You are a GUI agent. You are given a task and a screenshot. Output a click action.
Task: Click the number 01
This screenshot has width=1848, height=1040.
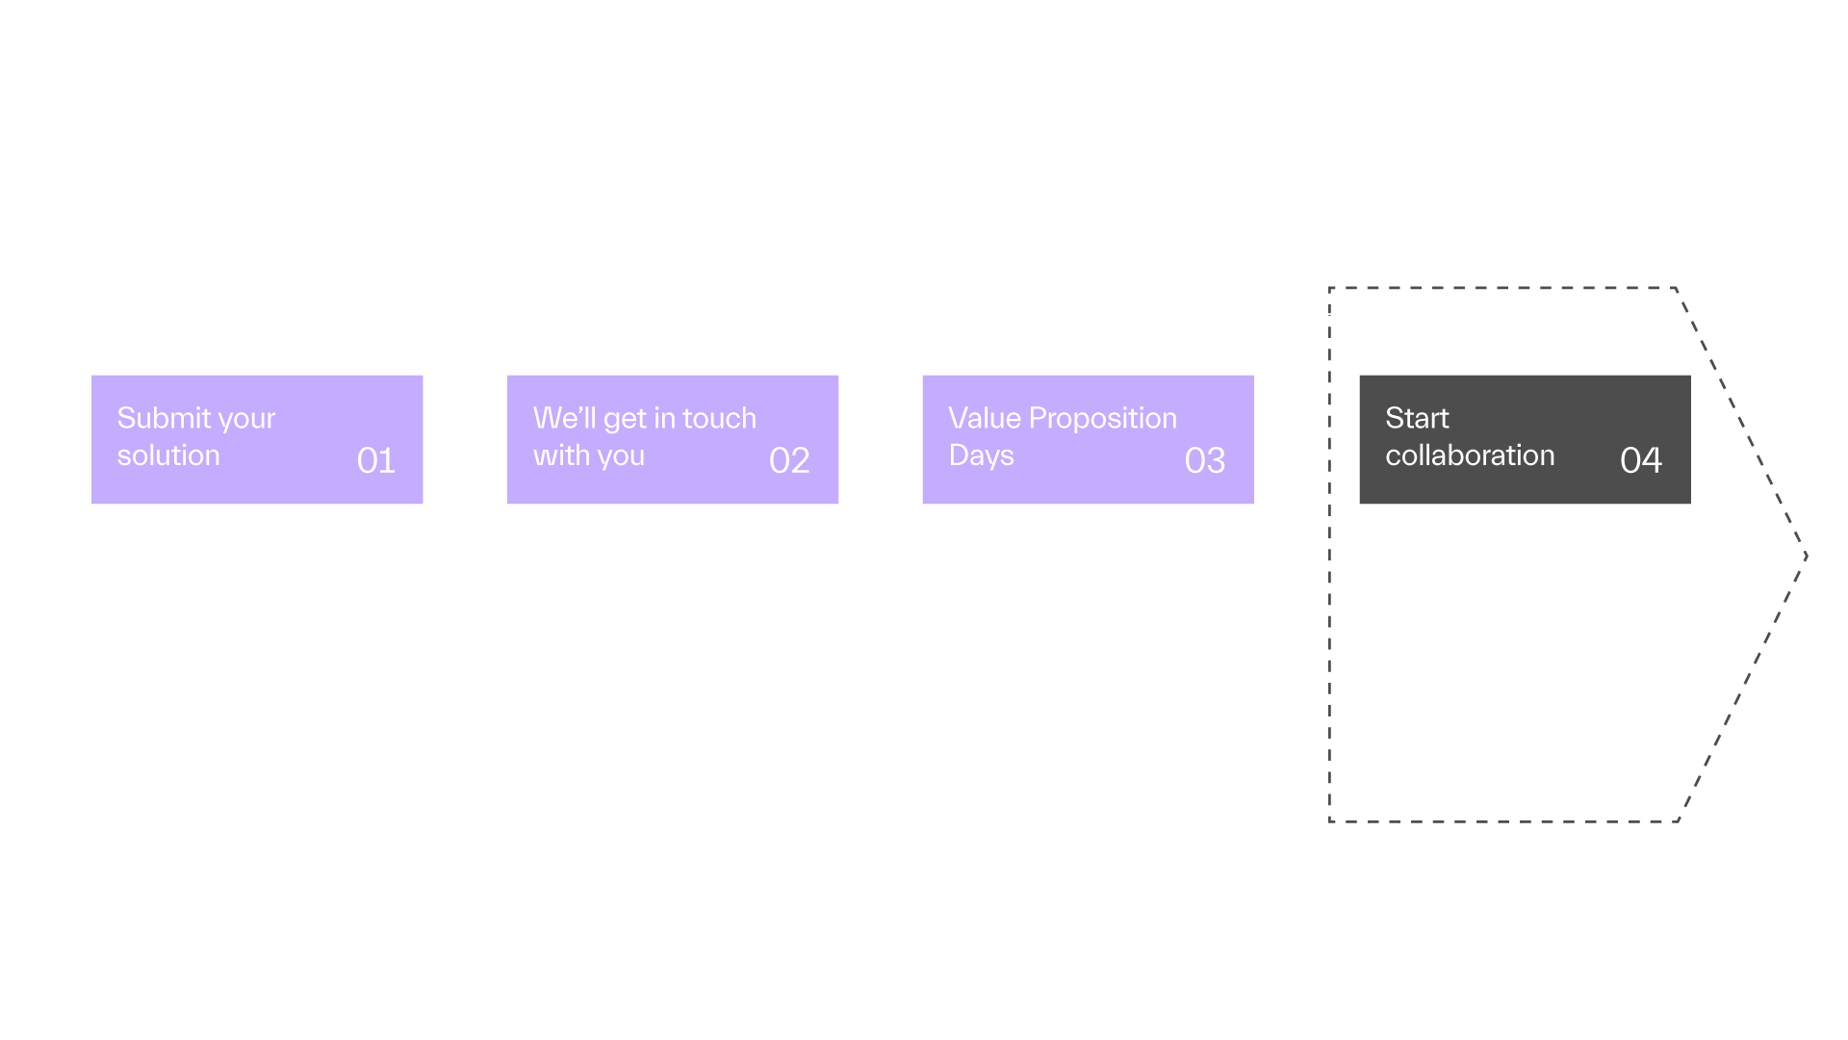[375, 460]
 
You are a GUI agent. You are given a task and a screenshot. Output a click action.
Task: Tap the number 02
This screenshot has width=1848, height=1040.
[789, 460]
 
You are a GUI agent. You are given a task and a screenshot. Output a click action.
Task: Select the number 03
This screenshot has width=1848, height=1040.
[1205, 460]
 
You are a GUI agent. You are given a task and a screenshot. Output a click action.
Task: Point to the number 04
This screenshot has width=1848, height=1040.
[1641, 460]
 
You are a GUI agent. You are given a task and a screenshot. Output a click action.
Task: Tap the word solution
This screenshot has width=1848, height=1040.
[168, 455]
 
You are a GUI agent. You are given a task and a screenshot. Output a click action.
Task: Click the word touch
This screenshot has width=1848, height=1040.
[719, 418]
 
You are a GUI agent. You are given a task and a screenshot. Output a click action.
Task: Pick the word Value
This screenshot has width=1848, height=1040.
[985, 418]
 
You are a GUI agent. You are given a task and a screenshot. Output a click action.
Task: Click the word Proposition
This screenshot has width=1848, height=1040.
[1103, 419]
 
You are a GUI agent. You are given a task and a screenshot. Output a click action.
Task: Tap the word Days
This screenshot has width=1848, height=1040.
[982, 456]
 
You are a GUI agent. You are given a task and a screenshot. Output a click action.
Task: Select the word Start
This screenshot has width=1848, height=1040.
[1417, 418]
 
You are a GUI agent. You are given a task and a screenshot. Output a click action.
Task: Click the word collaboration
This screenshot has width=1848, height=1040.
[1470, 455]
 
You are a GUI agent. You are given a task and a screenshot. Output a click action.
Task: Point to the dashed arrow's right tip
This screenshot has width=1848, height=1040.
[1807, 556]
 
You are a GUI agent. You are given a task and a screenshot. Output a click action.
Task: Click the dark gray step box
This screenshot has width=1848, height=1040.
[1525, 439]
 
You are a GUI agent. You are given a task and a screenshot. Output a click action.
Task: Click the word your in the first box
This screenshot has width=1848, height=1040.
[247, 421]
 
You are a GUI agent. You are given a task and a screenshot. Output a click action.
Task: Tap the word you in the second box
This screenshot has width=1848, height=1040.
[620, 458]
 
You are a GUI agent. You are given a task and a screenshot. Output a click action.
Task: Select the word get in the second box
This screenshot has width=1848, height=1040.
[625, 421]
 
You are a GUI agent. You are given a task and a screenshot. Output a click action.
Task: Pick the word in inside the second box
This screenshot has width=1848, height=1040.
[664, 418]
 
